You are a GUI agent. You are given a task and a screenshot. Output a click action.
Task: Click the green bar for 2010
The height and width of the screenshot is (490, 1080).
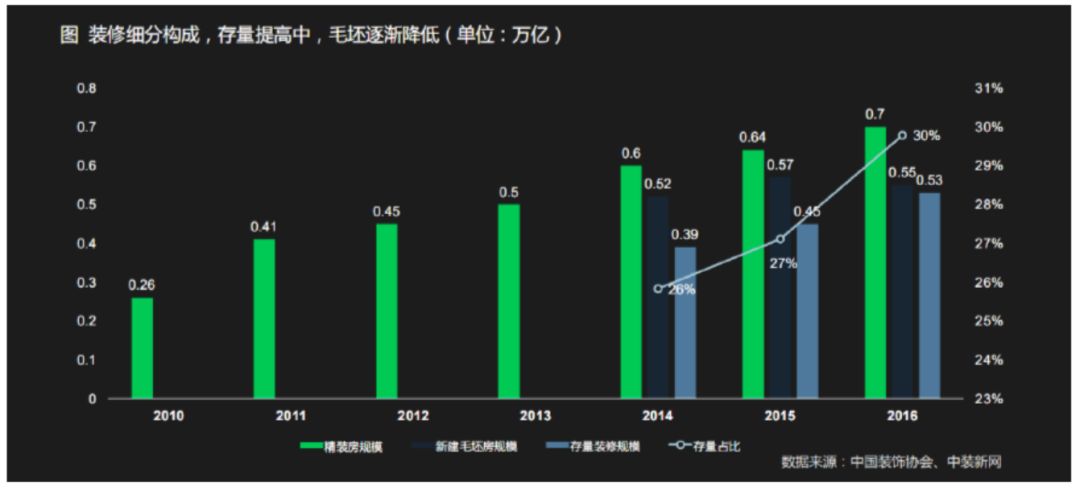[x=142, y=348]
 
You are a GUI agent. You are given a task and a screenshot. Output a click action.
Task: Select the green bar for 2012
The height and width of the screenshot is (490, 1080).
[x=386, y=311]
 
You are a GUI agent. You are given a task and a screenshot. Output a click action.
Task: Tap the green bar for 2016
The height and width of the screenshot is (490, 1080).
[x=875, y=263]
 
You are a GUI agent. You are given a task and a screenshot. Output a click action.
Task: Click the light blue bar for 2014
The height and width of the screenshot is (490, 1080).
[x=685, y=322]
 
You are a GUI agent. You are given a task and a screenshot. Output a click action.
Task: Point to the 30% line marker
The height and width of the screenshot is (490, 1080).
[x=902, y=135]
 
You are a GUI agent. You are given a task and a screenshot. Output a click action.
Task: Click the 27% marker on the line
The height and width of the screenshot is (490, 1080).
[x=780, y=239]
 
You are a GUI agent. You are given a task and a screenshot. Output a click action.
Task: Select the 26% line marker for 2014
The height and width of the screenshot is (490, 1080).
[x=658, y=288]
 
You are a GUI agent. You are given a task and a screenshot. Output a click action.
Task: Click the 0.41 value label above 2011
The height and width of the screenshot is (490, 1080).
[x=264, y=227]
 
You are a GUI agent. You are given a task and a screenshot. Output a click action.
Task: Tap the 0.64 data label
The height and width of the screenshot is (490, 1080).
[x=752, y=137]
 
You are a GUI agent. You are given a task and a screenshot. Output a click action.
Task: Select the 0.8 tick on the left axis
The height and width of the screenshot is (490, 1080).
[x=87, y=88]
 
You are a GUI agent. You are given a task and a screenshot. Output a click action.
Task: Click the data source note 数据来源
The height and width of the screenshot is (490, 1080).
[x=891, y=462]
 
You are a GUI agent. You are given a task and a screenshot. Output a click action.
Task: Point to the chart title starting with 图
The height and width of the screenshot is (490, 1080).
[x=310, y=34]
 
